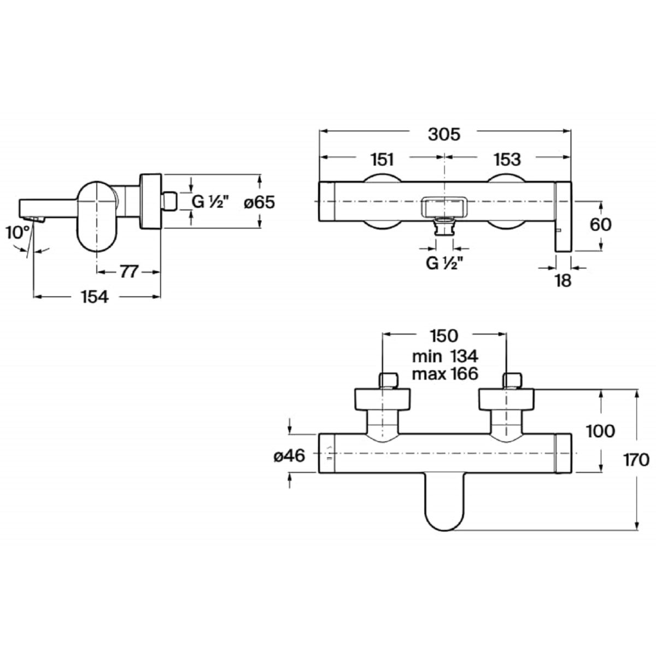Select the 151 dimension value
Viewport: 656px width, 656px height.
click(x=382, y=159)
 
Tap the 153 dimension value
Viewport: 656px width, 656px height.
click(x=507, y=159)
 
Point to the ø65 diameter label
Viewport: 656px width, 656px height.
click(x=260, y=203)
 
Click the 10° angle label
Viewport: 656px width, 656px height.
click(x=18, y=232)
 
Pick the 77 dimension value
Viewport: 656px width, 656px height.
click(x=128, y=272)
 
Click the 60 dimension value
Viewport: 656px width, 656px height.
click(x=600, y=225)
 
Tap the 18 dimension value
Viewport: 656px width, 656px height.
click(x=563, y=281)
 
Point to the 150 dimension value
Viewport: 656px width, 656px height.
click(x=444, y=336)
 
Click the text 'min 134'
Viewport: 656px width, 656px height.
click(x=446, y=356)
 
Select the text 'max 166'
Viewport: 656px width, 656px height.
click(x=446, y=374)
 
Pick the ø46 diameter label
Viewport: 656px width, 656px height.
click(x=289, y=456)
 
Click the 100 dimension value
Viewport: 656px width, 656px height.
click(x=600, y=431)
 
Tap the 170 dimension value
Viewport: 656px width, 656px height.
click(x=636, y=460)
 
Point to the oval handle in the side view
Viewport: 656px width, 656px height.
click(x=97, y=216)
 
